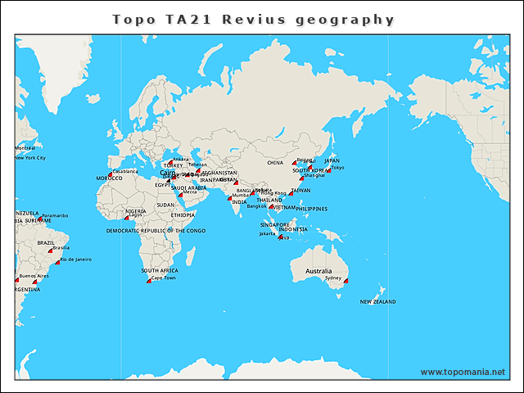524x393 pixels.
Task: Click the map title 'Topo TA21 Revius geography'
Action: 253,19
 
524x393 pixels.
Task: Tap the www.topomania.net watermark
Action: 463,372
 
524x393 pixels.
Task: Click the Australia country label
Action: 318,271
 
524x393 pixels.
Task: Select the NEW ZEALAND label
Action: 377,302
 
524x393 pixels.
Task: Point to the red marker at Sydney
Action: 346,281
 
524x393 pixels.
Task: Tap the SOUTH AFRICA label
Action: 160,270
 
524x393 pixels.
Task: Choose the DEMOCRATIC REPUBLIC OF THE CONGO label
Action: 156,231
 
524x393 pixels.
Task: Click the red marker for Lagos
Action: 127,217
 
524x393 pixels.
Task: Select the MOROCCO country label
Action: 109,178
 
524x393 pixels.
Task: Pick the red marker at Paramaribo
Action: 40,219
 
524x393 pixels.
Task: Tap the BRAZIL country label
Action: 46,242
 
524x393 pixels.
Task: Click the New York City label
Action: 30,158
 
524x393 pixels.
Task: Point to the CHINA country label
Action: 275,163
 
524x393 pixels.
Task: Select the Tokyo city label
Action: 337,168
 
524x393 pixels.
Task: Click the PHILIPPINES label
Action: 312,209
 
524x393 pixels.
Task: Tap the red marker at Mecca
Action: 180,194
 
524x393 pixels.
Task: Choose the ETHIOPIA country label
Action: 183,215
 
